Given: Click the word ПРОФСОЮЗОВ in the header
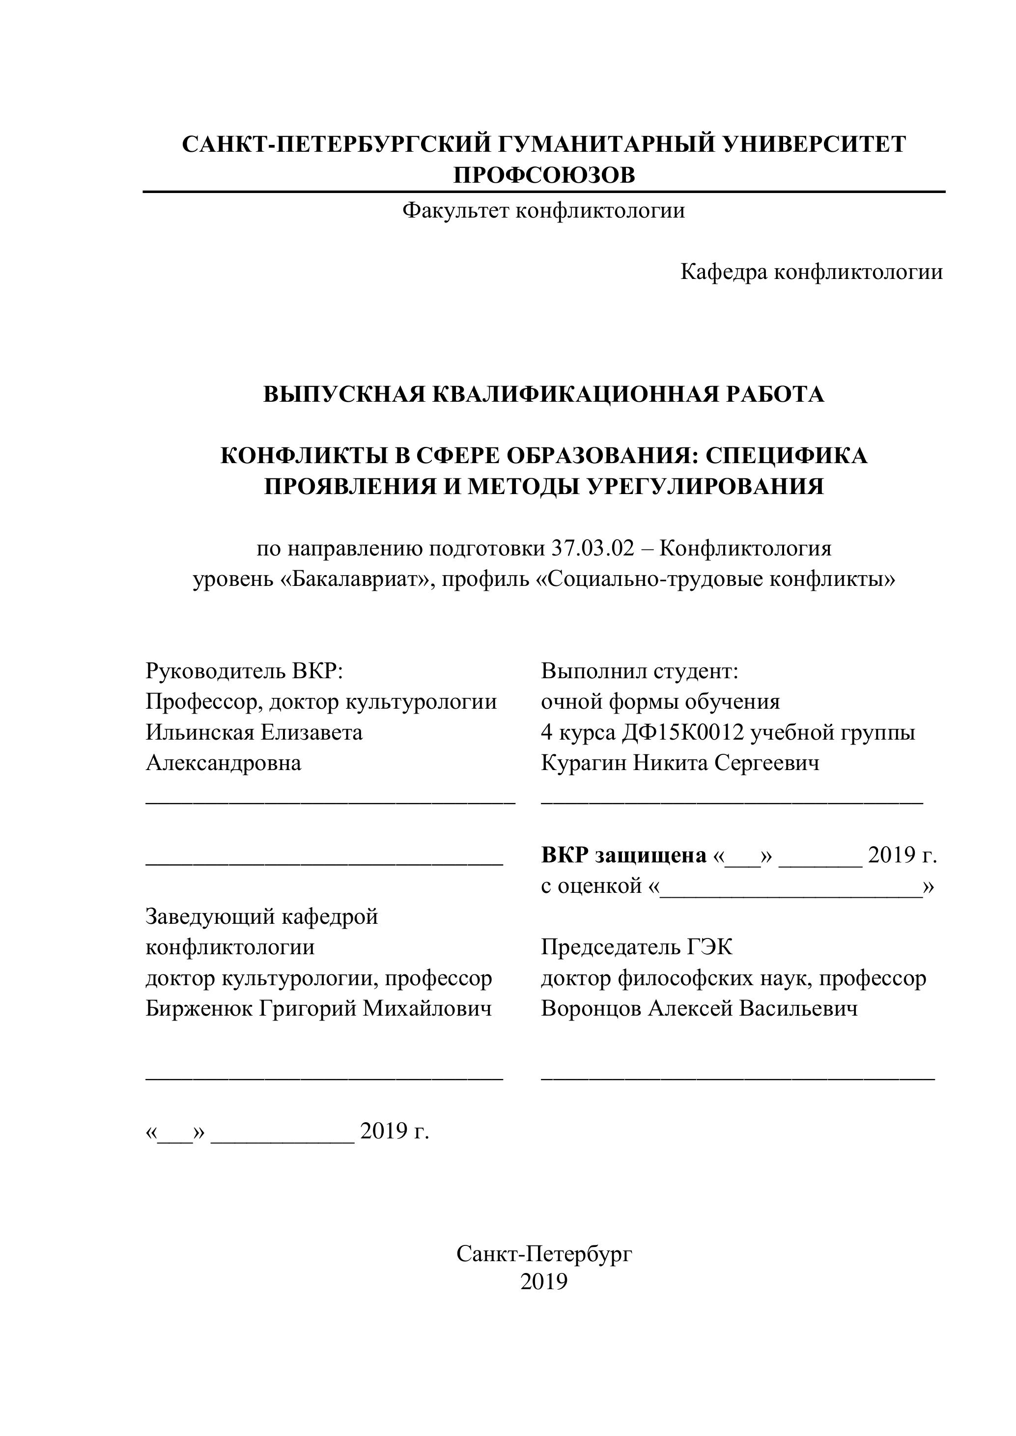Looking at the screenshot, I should pos(544,175).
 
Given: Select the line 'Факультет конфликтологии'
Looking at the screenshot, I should pos(544,211).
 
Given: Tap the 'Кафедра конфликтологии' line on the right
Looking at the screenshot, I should pos(812,272).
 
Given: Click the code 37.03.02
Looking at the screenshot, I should pos(593,549).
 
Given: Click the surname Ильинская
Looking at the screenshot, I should pos(199,732).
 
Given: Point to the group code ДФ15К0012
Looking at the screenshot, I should pos(683,732).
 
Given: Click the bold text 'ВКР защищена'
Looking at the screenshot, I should pos(623,856).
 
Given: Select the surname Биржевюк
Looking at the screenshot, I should pos(198,1008).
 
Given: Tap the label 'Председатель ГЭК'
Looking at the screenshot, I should pos(636,947).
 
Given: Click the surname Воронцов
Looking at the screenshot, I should pos(591,1008).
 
